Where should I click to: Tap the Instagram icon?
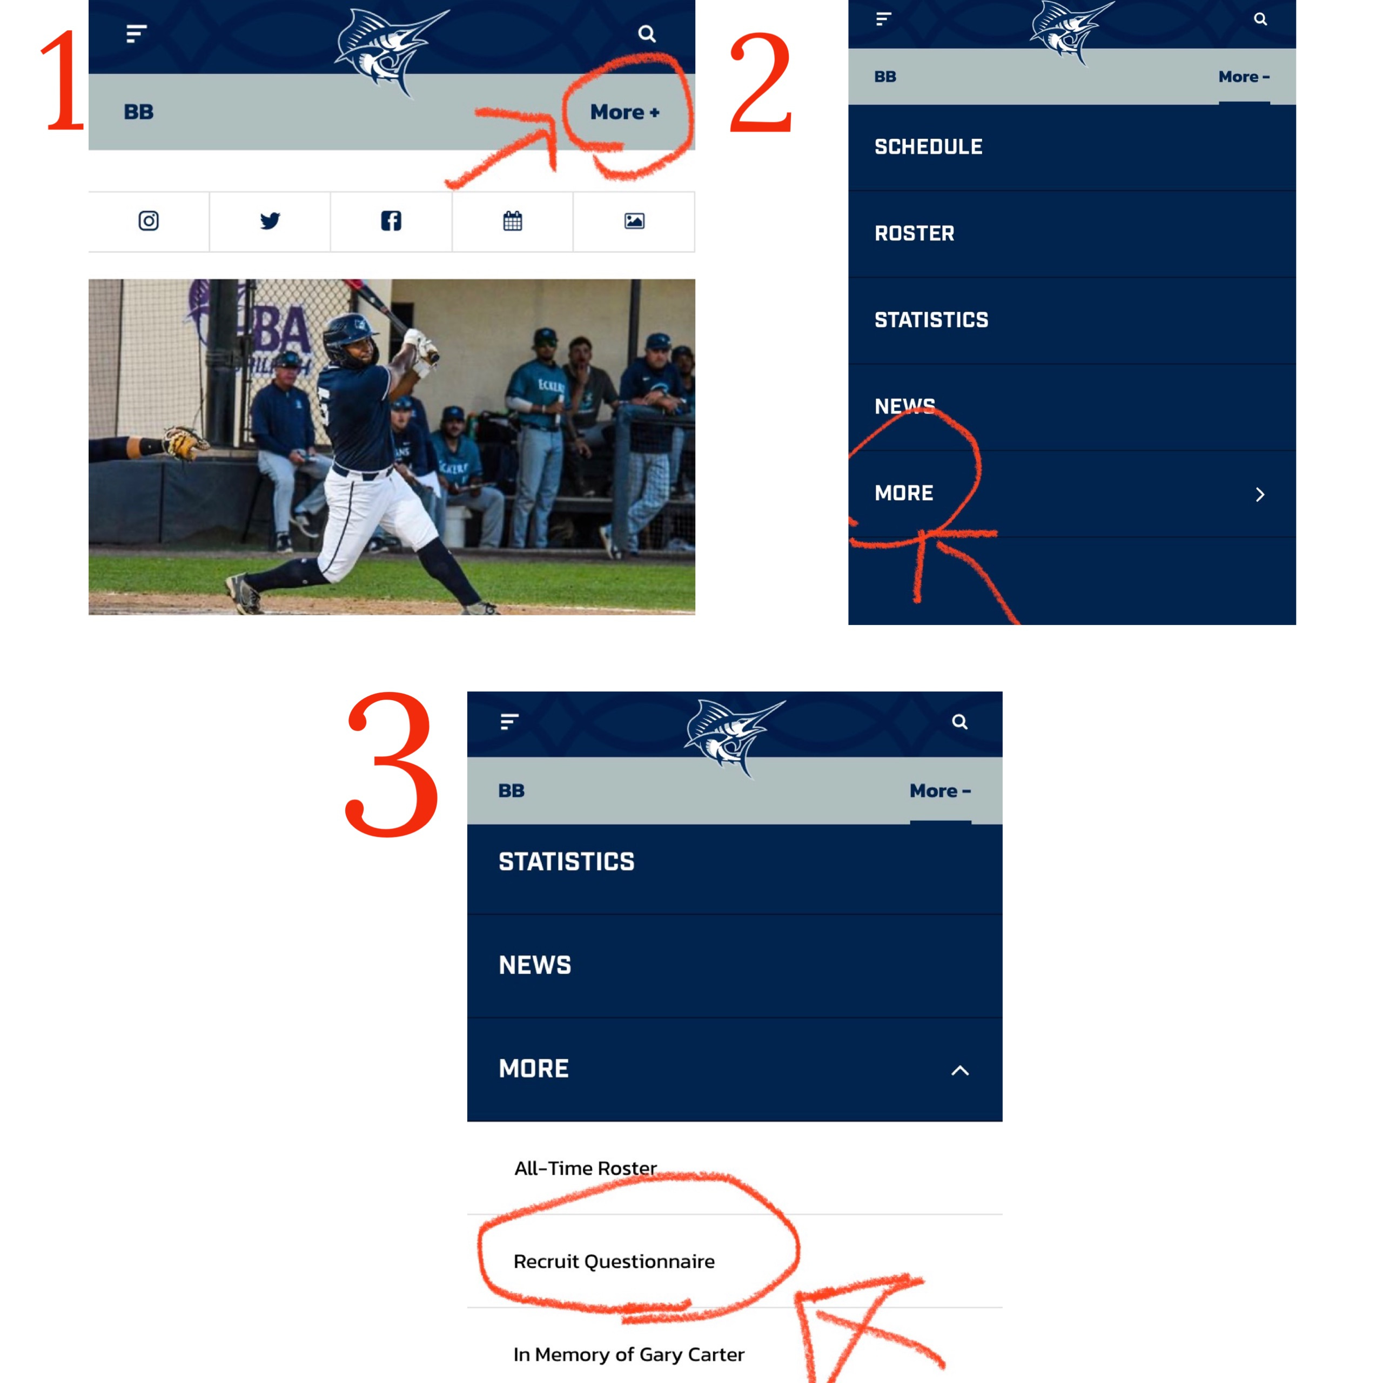148,220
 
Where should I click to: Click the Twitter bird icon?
270,220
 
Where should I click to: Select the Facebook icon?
391,220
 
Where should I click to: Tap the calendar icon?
513,220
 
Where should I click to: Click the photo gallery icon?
634,220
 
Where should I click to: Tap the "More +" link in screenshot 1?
624,112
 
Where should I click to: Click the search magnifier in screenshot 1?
647,33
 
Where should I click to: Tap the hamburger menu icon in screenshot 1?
136,33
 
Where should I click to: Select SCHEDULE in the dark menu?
929,147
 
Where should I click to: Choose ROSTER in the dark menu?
914,233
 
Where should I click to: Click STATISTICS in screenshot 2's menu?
931,320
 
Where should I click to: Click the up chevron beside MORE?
960,1070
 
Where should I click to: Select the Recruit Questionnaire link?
614,1261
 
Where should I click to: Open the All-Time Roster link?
586,1168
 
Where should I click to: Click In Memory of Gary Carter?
628,1354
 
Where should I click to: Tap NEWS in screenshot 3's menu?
535,965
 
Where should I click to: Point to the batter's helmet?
350,335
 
